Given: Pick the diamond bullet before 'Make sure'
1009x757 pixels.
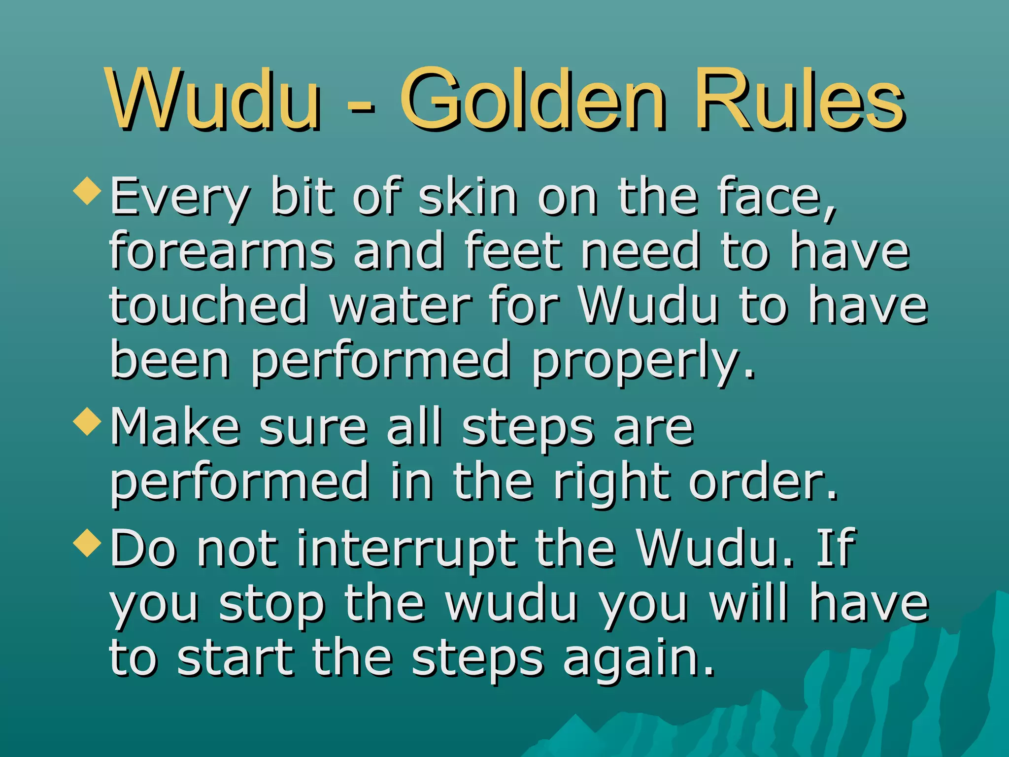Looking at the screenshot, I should click(87, 421).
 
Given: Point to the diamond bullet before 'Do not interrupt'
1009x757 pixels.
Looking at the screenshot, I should click(87, 543).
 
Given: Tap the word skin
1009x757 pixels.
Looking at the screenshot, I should click(468, 197).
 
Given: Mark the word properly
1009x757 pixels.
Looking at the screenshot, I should click(642, 362).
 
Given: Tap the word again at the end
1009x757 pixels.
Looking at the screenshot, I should click(638, 660).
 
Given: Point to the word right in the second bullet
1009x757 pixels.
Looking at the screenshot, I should click(611, 483).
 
